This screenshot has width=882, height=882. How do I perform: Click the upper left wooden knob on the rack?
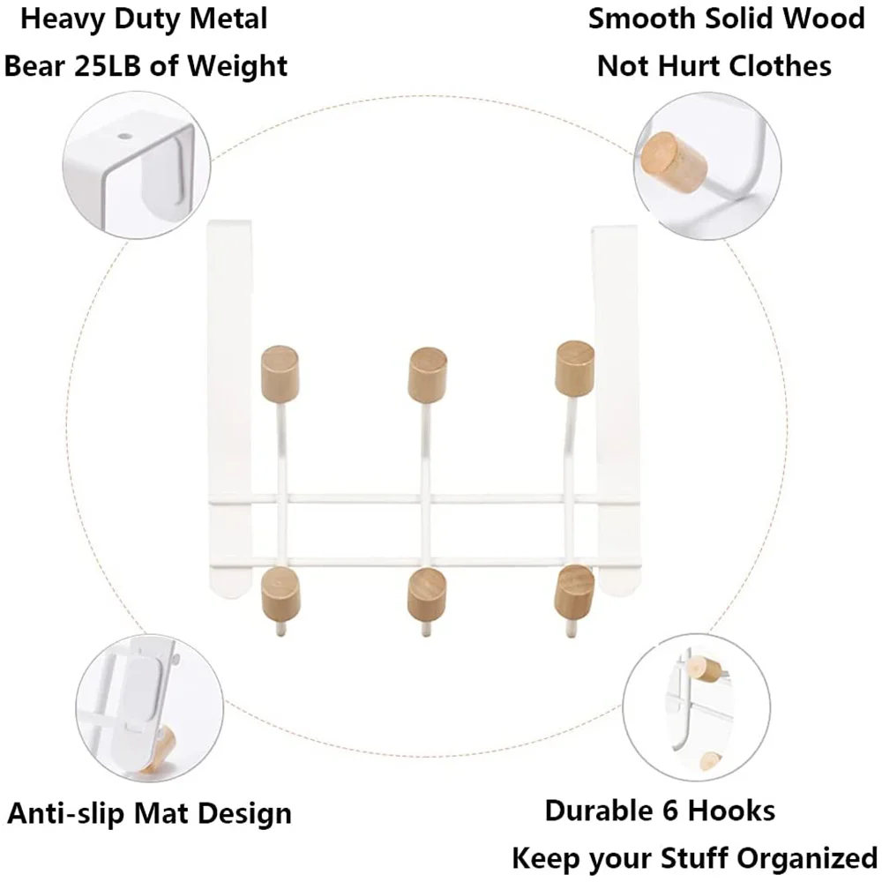tap(280, 371)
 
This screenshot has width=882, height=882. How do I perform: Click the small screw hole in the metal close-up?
tap(123, 138)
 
